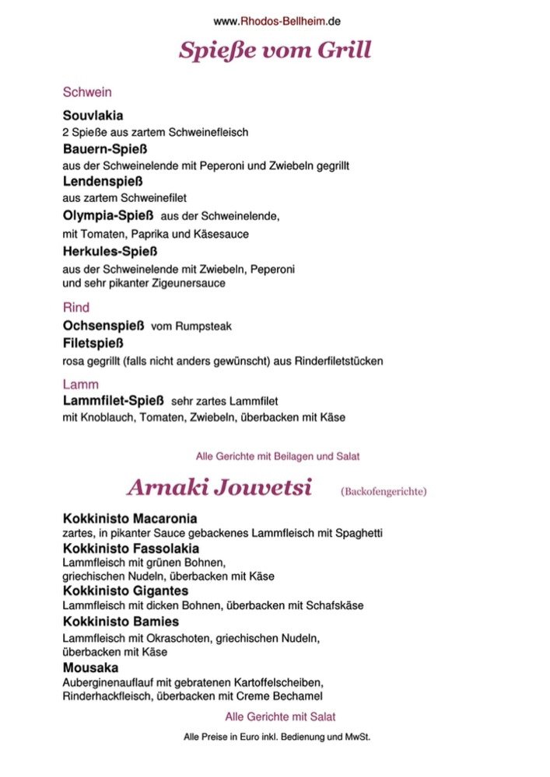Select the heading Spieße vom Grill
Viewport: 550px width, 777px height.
[275, 51]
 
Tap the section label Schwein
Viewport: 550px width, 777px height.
[86, 92]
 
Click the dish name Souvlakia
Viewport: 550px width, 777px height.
[93, 116]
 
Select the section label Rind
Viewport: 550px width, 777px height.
[75, 308]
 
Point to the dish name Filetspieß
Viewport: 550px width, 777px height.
[93, 343]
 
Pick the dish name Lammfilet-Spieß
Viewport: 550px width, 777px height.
[113, 401]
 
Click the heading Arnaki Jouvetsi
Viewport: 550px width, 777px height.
[219, 488]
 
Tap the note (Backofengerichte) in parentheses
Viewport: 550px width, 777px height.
[384, 491]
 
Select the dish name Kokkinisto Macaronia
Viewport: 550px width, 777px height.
[129, 518]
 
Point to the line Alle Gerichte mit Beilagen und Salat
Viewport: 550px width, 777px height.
[277, 455]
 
